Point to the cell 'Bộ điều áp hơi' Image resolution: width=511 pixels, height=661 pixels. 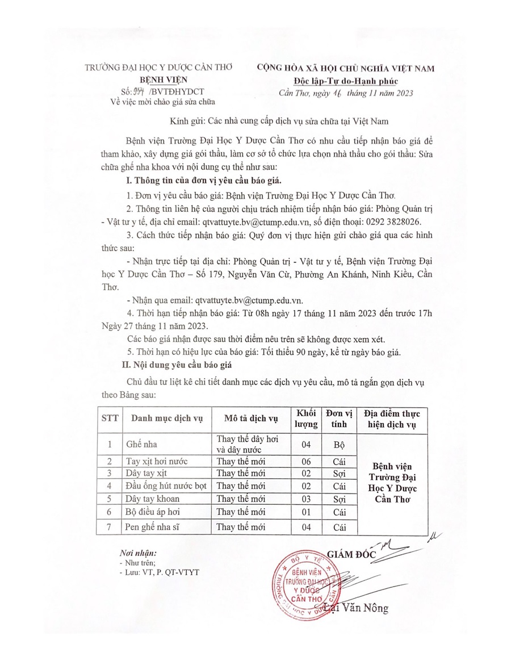pyautogui.click(x=153, y=512)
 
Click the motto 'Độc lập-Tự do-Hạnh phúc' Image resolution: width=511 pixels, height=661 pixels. pyautogui.click(x=350, y=80)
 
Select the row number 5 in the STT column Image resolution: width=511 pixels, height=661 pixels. pyautogui.click(x=110, y=499)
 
